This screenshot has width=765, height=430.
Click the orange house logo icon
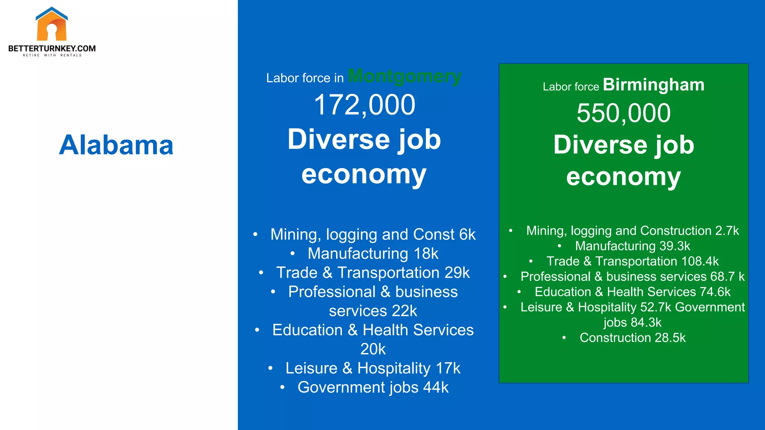click(52, 25)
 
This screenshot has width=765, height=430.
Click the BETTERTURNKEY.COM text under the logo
click(52, 49)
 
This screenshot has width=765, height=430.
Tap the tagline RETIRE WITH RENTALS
click(52, 55)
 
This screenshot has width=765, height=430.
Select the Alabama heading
click(116, 145)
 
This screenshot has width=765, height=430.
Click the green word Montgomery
click(405, 76)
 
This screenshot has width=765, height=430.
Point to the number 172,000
click(364, 105)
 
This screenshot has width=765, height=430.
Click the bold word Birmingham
click(653, 85)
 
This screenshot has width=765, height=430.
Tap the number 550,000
click(623, 113)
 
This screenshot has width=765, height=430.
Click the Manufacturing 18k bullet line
click(373, 253)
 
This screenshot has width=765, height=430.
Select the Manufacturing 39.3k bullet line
click(632, 246)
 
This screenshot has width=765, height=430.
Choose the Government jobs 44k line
click(373, 387)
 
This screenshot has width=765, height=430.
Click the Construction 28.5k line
click(632, 338)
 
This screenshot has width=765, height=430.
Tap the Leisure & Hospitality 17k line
click(373, 368)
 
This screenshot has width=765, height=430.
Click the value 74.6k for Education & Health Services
click(715, 292)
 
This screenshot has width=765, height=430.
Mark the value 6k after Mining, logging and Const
click(467, 234)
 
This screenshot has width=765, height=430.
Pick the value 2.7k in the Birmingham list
click(727, 231)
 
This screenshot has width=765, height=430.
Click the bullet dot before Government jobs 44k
click(282, 387)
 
